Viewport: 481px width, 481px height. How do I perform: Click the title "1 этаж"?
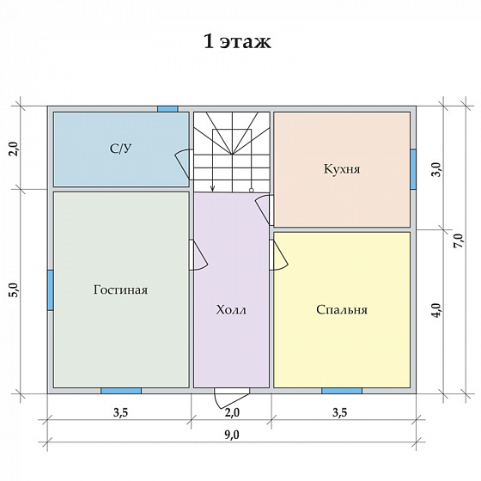click(237, 41)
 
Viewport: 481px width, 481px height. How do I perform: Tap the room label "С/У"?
click(120, 149)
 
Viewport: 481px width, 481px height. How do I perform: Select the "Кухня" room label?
click(342, 169)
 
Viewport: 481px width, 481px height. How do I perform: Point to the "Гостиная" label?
click(120, 290)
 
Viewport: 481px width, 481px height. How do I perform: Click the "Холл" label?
click(231, 310)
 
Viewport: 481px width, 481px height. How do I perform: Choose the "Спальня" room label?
click(342, 310)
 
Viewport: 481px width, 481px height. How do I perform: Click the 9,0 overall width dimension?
click(232, 435)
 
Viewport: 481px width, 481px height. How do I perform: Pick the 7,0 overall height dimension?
click(460, 240)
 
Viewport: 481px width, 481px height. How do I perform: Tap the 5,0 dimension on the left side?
click(15, 290)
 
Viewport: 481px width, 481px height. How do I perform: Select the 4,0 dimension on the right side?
click(437, 310)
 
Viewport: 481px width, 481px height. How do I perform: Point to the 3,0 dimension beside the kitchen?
click(437, 169)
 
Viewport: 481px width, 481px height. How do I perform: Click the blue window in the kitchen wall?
click(413, 169)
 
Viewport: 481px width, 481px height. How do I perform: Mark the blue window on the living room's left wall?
click(51, 290)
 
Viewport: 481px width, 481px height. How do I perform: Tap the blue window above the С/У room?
click(167, 109)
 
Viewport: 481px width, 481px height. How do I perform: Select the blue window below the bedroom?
click(342, 391)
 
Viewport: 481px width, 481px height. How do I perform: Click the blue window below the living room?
click(121, 391)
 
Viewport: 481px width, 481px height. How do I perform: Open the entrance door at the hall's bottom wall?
click(231, 398)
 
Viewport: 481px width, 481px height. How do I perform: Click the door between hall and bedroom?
click(278, 255)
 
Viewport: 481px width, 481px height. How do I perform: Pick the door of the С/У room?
click(184, 164)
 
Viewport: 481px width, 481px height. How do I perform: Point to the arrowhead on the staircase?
click(213, 188)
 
